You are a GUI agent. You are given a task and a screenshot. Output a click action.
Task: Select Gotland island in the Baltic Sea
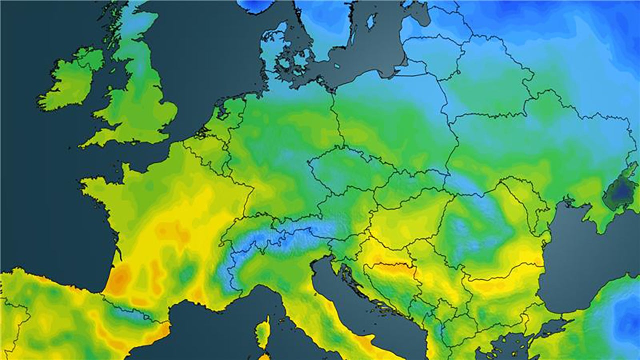[x=370, y=21]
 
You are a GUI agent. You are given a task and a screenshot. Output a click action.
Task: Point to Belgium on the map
[x=202, y=142]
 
